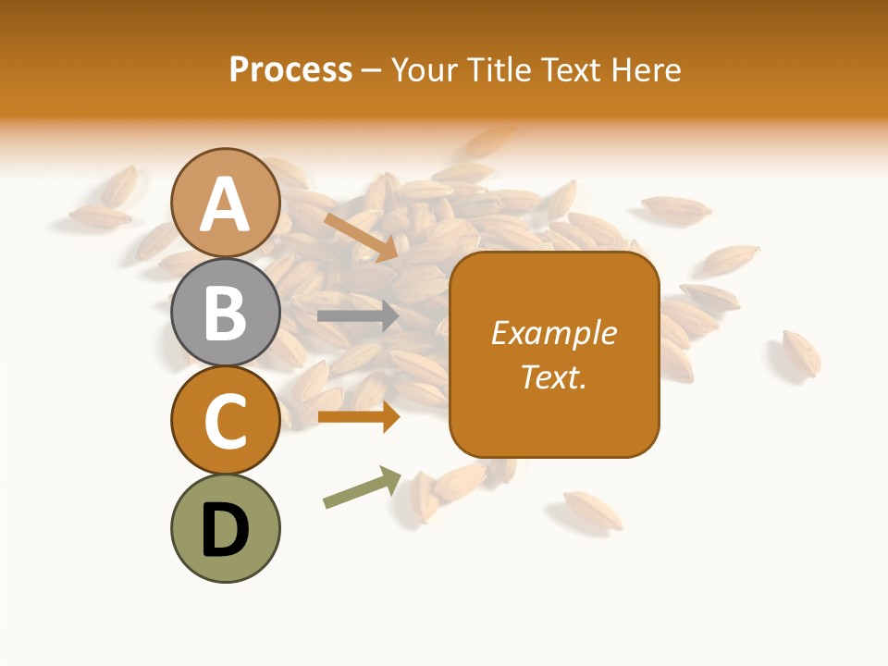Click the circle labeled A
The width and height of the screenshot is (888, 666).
tap(225, 203)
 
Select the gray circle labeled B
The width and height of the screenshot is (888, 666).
tap(225, 312)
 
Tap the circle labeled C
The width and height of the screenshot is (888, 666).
tap(225, 420)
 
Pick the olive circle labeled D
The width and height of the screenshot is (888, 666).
tap(225, 528)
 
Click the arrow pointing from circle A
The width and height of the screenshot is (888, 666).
tap(362, 236)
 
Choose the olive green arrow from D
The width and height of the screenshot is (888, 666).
tap(362, 487)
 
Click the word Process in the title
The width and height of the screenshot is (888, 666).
tap(290, 70)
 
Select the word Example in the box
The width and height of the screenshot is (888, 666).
tap(554, 333)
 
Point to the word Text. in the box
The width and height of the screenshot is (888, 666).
tap(554, 376)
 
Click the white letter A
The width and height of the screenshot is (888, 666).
tap(225, 204)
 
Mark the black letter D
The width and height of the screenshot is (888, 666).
tap(225, 530)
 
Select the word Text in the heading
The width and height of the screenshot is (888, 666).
tap(572, 70)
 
